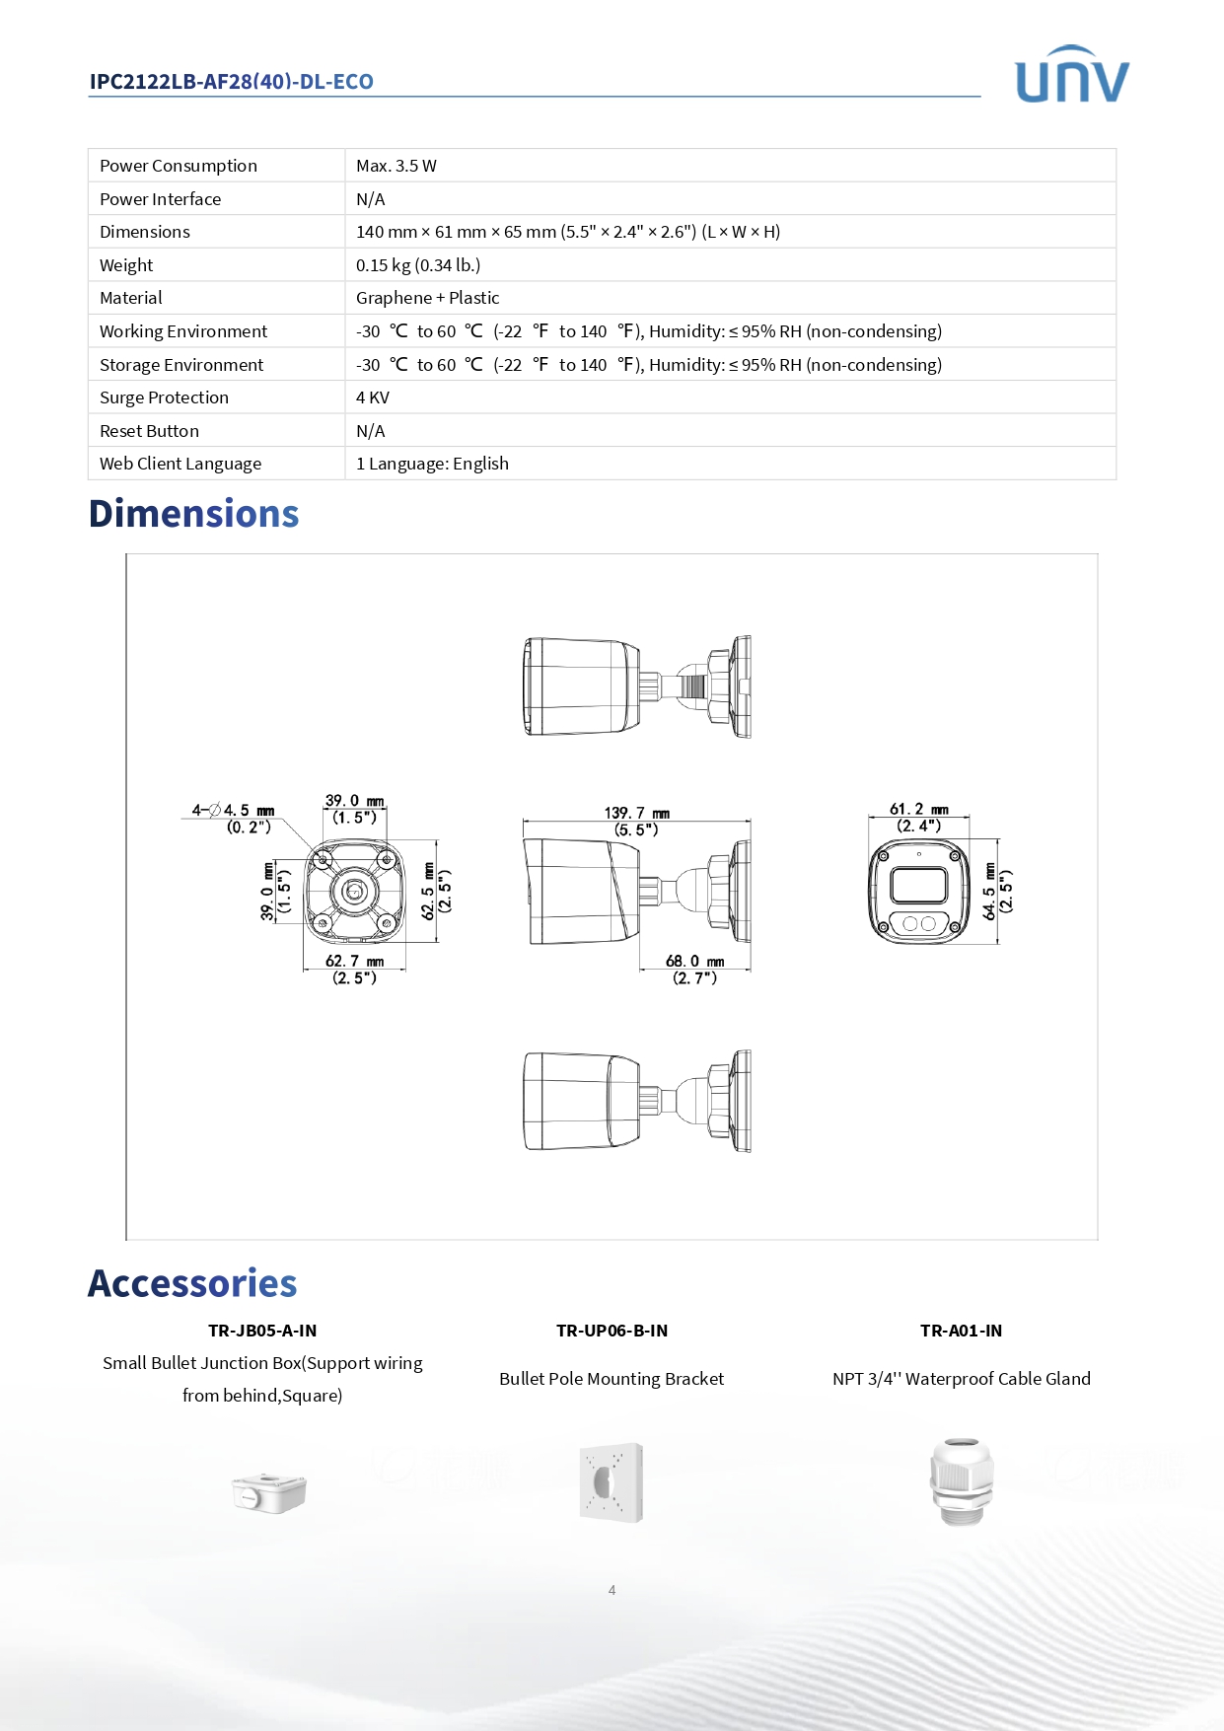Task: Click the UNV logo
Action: (x=1071, y=76)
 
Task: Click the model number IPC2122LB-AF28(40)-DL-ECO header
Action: (x=231, y=82)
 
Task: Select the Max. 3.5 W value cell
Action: (x=396, y=166)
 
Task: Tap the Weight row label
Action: (x=126, y=265)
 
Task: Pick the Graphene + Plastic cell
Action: (x=427, y=298)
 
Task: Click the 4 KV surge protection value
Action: (x=373, y=397)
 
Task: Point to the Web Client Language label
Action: (x=180, y=464)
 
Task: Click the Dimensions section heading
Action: (x=193, y=514)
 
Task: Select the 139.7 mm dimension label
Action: (x=636, y=813)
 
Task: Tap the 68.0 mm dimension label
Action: (x=694, y=961)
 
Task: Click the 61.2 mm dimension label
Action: (x=918, y=809)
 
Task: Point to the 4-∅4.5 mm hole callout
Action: (x=233, y=811)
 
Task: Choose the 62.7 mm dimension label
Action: (x=354, y=961)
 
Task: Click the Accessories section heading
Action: (x=192, y=1283)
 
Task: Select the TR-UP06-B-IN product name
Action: (x=612, y=1331)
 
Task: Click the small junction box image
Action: (x=268, y=1492)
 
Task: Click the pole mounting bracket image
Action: (x=612, y=1482)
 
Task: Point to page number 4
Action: (x=612, y=1590)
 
